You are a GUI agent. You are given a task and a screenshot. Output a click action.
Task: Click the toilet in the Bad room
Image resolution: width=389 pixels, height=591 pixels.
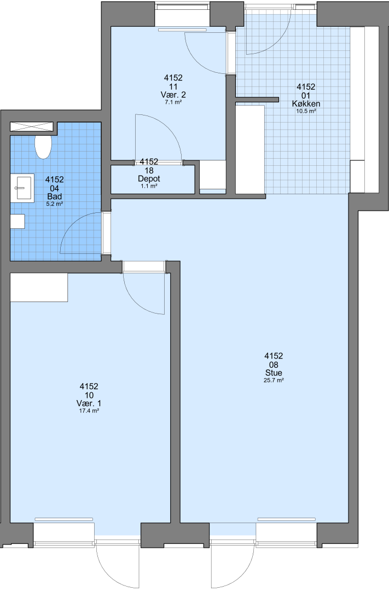tap(43, 147)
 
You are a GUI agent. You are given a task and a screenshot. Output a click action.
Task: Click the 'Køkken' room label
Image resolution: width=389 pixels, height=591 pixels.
tap(306, 103)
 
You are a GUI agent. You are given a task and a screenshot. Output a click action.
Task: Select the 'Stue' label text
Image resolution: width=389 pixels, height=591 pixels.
tap(274, 373)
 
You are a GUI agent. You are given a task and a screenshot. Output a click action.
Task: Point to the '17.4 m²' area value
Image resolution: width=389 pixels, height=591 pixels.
tap(89, 411)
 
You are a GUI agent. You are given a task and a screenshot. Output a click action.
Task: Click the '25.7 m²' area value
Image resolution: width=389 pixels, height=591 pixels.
tap(274, 381)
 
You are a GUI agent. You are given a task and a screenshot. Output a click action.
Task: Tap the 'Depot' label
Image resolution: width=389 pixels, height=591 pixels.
tap(149, 178)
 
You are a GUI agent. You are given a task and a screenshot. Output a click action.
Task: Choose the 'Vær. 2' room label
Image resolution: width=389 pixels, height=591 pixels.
tap(173, 95)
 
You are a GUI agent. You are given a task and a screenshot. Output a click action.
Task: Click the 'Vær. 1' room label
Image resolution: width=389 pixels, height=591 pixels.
tap(89, 403)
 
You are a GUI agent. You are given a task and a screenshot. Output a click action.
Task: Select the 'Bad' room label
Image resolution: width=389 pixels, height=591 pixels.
tap(55, 196)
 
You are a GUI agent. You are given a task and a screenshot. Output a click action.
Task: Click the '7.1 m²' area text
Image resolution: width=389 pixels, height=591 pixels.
tap(173, 102)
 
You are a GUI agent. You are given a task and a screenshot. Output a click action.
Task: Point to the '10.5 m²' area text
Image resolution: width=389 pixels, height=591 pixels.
tap(306, 111)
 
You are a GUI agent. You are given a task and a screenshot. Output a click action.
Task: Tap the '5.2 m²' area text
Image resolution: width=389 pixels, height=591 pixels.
tap(55, 204)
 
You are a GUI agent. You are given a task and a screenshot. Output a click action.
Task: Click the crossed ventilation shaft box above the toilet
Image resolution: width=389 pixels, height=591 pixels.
tap(32, 126)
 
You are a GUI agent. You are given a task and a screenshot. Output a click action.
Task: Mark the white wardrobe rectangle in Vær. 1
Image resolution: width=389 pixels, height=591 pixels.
tap(39, 287)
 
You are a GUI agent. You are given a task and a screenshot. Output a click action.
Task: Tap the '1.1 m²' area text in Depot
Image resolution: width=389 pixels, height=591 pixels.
tap(149, 186)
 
